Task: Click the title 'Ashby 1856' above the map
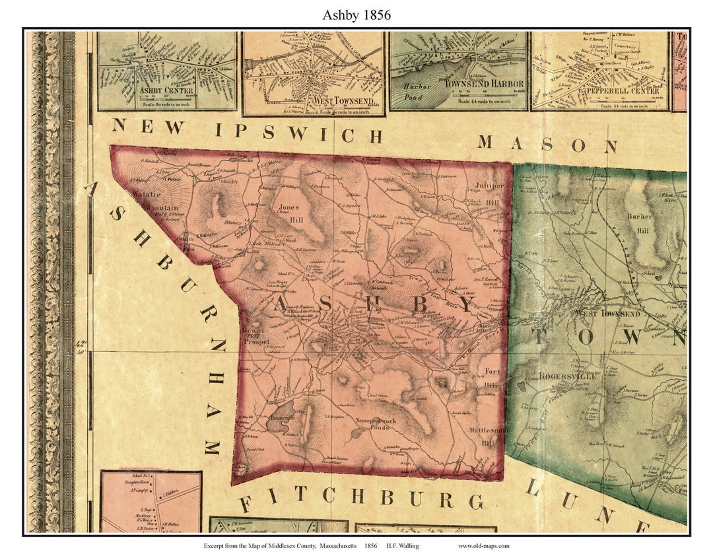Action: (356, 15)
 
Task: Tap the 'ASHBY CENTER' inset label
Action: (166, 90)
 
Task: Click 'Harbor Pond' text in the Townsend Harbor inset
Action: (417, 91)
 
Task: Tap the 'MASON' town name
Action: (547, 143)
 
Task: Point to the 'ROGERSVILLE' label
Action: (568, 376)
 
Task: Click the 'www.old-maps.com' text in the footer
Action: (483, 546)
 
